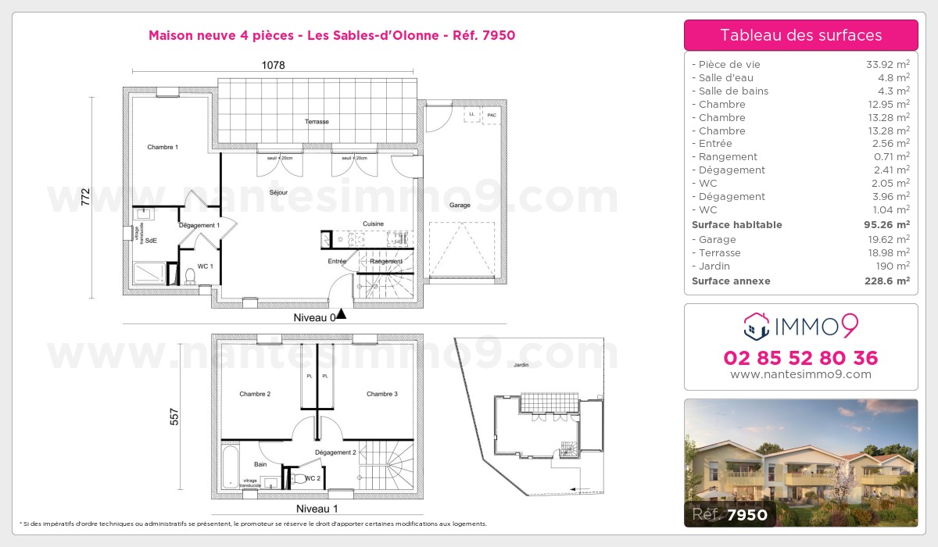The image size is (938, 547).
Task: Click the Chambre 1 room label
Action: coord(163,147)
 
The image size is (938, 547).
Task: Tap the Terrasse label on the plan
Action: coord(317,122)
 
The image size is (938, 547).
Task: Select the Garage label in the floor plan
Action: coord(460,206)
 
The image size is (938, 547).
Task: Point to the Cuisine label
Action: coord(373,224)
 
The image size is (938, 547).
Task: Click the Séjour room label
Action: coord(278,191)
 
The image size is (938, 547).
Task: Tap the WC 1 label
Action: coord(205,266)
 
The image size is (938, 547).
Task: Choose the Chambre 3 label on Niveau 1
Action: coord(382,394)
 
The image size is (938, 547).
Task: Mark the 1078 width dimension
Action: coord(273,66)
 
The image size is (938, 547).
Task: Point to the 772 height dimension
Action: coord(85,197)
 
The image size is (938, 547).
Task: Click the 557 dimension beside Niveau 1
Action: coord(175,418)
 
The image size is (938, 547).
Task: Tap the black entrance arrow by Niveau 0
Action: coord(340,316)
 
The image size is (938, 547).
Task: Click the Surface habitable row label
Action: coord(736,225)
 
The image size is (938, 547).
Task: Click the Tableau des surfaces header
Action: coord(800,35)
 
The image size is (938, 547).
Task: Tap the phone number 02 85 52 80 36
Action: coord(800,358)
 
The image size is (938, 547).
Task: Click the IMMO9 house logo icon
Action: coord(756,326)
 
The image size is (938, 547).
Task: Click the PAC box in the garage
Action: coord(491,116)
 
